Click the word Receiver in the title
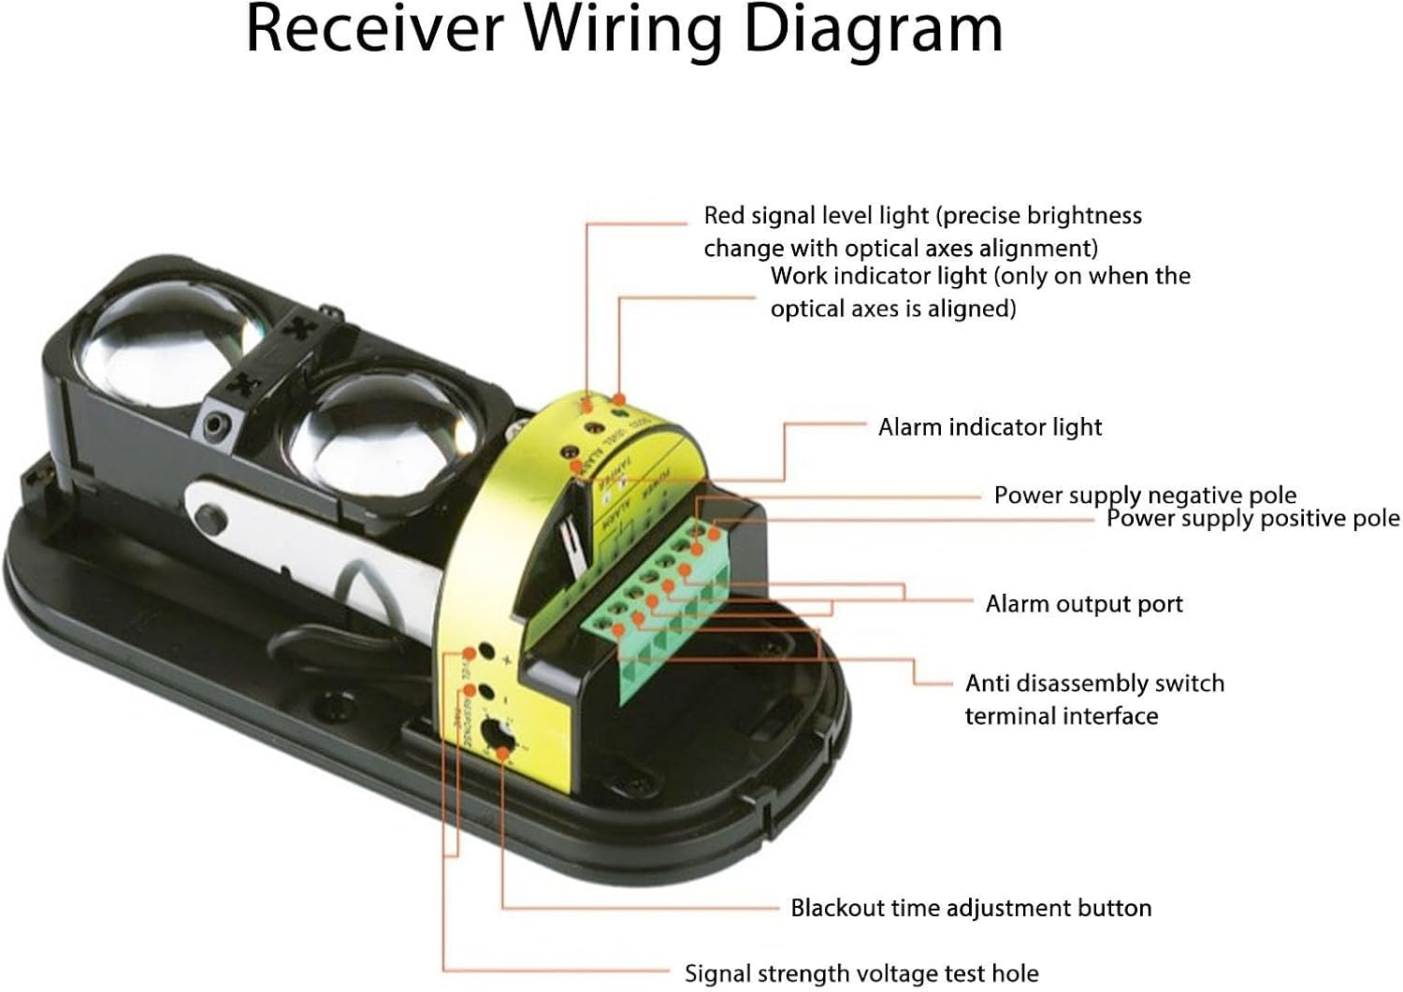pos(373,30)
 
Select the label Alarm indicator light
pos(990,427)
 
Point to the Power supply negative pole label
pos(1145,495)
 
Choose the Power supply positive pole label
pos(1253,518)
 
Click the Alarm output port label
pos(1084,604)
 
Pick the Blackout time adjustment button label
pos(971,908)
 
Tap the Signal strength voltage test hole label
pos(861,973)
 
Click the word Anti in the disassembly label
pos(988,683)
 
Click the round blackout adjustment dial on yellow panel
pos(497,735)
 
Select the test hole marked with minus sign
pos(485,693)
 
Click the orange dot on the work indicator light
pos(619,400)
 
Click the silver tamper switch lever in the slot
pos(568,542)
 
